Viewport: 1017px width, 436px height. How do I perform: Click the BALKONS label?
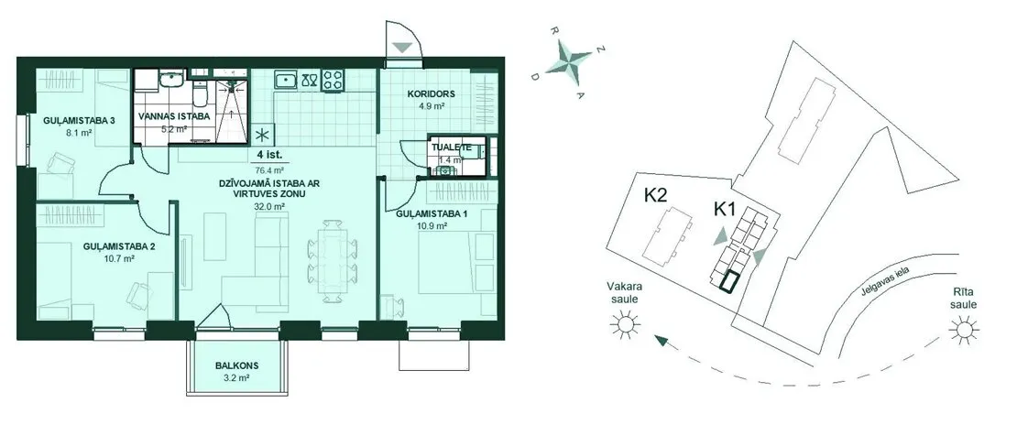[x=236, y=364]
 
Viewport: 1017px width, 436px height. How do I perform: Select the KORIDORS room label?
[x=432, y=93]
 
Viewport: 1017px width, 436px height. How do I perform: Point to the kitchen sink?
[x=286, y=81]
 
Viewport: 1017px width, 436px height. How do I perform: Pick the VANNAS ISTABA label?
[x=174, y=117]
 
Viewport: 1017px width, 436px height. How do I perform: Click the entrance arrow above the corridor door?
[x=403, y=48]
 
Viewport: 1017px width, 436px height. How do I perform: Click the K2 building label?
[x=656, y=195]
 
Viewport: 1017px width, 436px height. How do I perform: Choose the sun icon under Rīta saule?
[x=964, y=331]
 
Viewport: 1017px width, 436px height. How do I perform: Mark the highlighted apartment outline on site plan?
[x=729, y=282]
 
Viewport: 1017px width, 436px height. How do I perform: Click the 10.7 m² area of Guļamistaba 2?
[x=119, y=258]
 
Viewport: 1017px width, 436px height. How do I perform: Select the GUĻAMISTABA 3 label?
[x=79, y=121]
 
